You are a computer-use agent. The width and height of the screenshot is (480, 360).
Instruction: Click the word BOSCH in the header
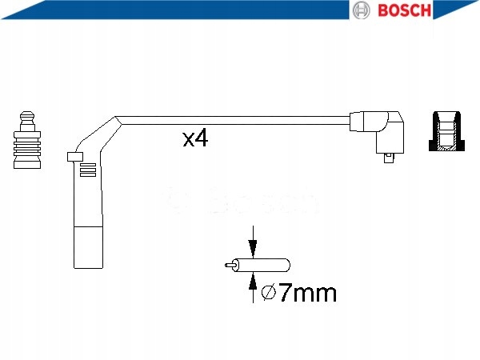(406, 10)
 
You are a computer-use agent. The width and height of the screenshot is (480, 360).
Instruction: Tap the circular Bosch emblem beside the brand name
(362, 10)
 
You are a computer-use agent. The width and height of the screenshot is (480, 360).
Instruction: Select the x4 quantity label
(195, 140)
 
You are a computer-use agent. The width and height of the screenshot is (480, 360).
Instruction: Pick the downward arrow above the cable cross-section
(253, 242)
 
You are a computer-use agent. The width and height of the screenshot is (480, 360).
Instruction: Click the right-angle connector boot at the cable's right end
(380, 131)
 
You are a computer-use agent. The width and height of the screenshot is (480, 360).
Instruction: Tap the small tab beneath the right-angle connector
(390, 158)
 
